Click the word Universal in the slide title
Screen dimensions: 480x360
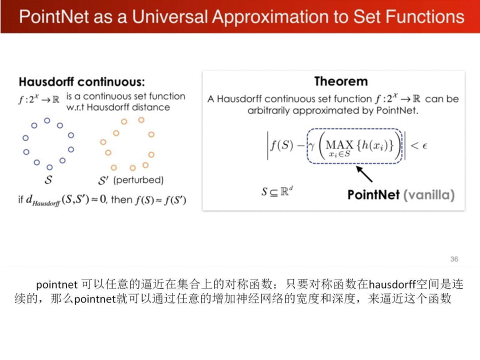(x=170, y=16)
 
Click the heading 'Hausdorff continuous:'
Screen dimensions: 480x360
(x=81, y=82)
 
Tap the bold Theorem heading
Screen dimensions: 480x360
(x=341, y=81)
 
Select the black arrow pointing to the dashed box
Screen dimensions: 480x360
(x=364, y=174)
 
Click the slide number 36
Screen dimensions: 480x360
(x=454, y=259)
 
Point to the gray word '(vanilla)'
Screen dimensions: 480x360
(x=429, y=195)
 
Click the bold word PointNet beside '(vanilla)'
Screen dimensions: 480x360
(x=373, y=194)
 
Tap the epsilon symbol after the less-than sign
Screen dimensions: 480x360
(x=424, y=146)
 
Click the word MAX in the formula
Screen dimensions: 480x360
(x=339, y=144)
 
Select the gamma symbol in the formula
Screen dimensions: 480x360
(x=311, y=146)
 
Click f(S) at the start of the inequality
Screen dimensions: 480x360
(x=281, y=145)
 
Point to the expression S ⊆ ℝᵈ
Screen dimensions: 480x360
(x=277, y=191)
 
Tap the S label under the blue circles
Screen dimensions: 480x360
(x=48, y=179)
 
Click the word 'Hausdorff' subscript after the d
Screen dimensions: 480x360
(x=46, y=203)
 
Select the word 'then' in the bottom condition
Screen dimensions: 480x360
(x=121, y=199)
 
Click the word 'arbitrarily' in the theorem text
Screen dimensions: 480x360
(x=268, y=110)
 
